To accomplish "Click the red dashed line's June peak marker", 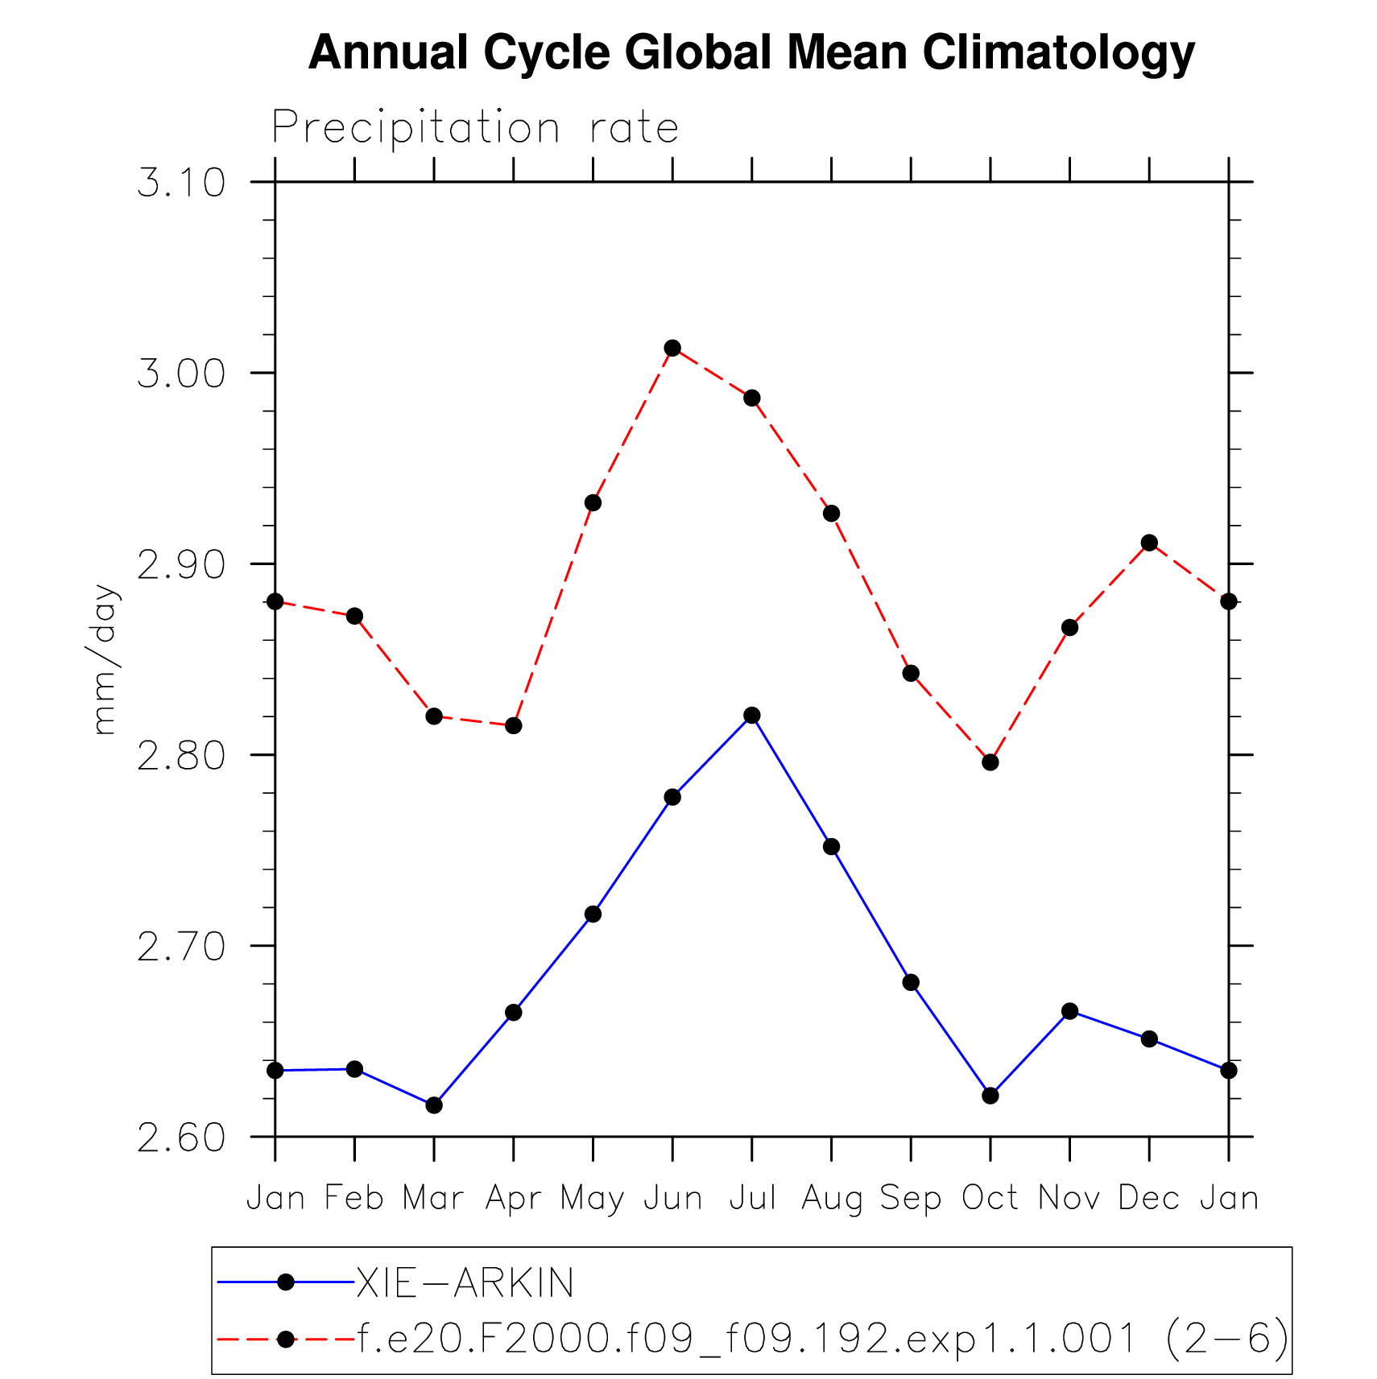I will point(672,348).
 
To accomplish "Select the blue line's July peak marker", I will point(752,716).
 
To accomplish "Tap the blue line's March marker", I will point(434,1105).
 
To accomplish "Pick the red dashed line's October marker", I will point(990,762).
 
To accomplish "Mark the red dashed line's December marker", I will point(1149,543).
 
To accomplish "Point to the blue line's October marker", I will point(990,1096).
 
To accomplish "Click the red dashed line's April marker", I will point(514,725).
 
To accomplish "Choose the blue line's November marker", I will point(1070,1011).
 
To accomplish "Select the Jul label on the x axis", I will point(752,1199).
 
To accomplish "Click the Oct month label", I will point(990,1199).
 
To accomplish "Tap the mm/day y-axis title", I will point(105,659).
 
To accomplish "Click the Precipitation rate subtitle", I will point(475,128).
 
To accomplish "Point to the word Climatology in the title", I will point(1058,53).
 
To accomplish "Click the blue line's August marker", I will point(832,847).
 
